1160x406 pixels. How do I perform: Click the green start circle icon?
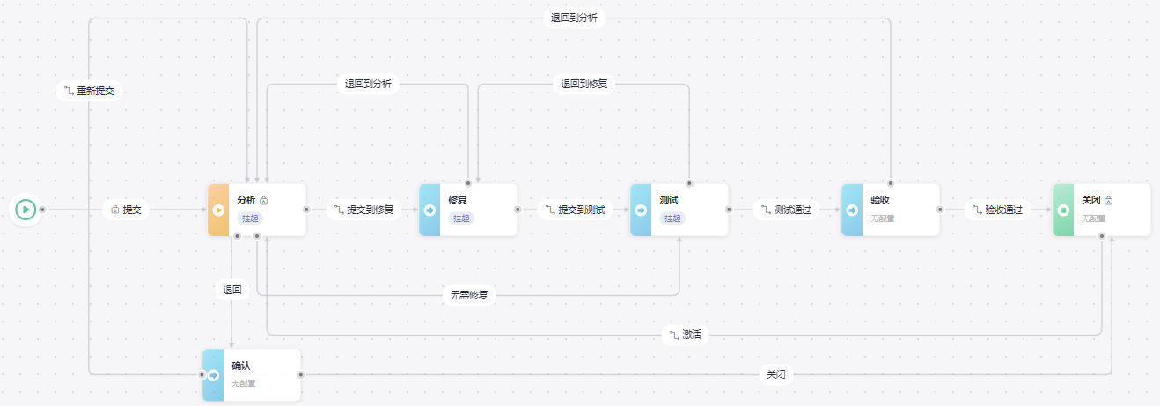tap(26, 210)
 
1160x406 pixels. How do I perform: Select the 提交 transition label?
tap(127, 210)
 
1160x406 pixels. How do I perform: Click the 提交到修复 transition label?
tap(363, 210)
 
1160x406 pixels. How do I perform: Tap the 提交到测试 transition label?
tap(575, 210)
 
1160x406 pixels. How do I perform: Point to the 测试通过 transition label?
tap(786, 210)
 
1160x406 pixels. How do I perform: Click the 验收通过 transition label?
tap(997, 210)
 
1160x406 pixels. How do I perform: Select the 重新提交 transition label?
tap(89, 91)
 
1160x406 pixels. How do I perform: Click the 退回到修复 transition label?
tap(584, 85)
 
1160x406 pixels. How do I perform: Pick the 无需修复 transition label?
tap(469, 295)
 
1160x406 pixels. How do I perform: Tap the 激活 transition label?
tap(686, 335)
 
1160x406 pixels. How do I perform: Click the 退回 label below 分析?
tap(231, 289)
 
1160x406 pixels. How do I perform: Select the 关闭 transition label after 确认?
tap(775, 375)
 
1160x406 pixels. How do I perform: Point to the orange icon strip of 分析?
tap(218, 210)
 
